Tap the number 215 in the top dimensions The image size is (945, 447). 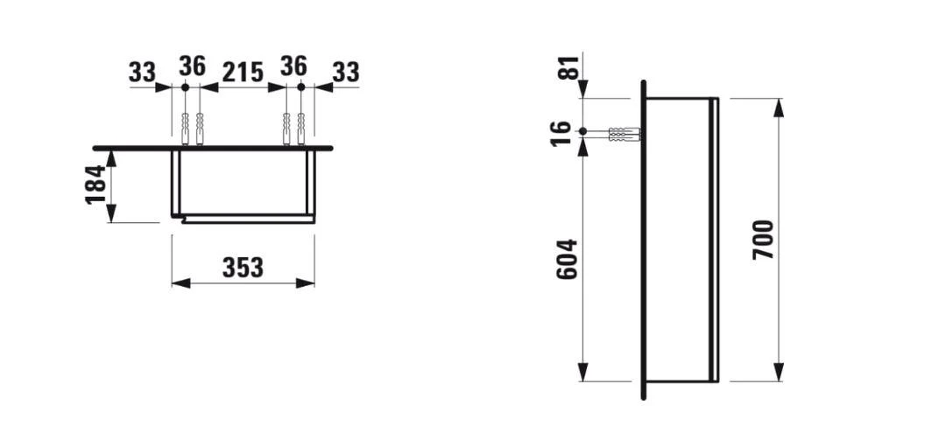tap(242, 72)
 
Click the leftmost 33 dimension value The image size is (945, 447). tap(142, 72)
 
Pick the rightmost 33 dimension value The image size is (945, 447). tap(345, 72)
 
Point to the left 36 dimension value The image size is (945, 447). tap(192, 66)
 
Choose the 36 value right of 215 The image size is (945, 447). tap(293, 66)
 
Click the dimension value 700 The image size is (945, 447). tap(763, 239)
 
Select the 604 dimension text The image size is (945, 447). tap(568, 259)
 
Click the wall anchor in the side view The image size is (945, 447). tap(623, 135)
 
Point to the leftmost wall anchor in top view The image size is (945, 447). tap(185, 129)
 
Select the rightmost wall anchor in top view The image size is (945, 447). tap(300, 129)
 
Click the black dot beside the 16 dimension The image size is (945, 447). tap(582, 132)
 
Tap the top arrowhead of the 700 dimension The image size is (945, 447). tap(778, 106)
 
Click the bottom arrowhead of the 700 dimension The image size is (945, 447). tap(778, 374)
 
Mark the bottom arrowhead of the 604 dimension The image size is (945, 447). tap(582, 374)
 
